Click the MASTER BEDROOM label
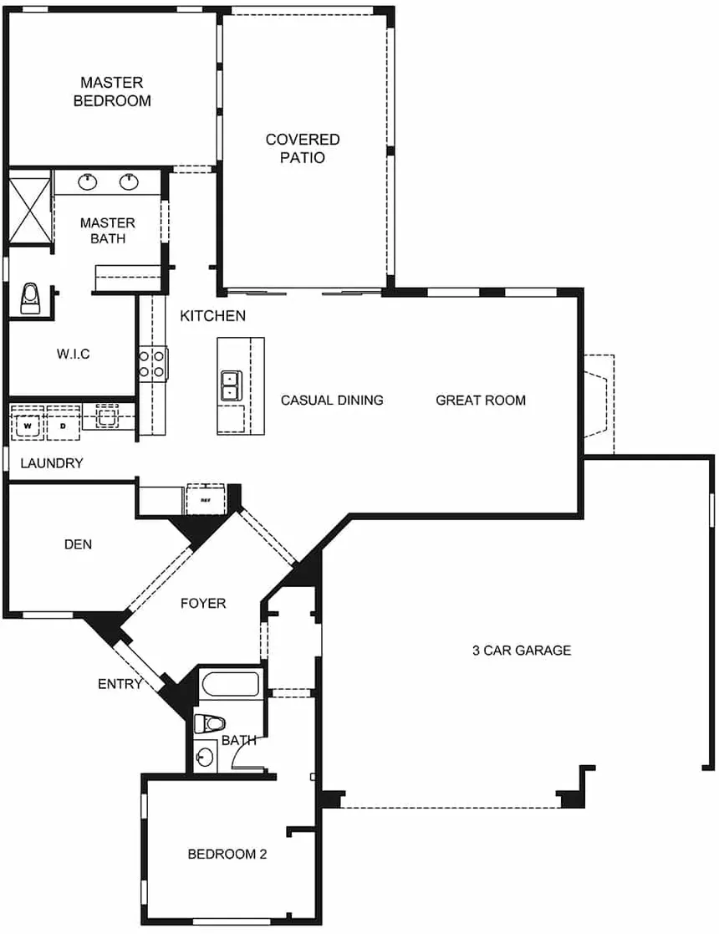[x=112, y=91]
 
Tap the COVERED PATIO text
[x=303, y=148]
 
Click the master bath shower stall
[x=29, y=207]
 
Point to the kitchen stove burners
[x=152, y=364]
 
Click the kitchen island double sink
[x=231, y=385]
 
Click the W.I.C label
[x=74, y=354]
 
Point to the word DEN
[x=78, y=544]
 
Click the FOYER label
[x=203, y=604]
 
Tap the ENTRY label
[x=120, y=684]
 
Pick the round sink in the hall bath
[x=205, y=757]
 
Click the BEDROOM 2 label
[x=227, y=855]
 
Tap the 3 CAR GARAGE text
[x=522, y=650]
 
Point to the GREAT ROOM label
[x=481, y=401]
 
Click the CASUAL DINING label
[x=332, y=401]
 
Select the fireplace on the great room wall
[x=598, y=405]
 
